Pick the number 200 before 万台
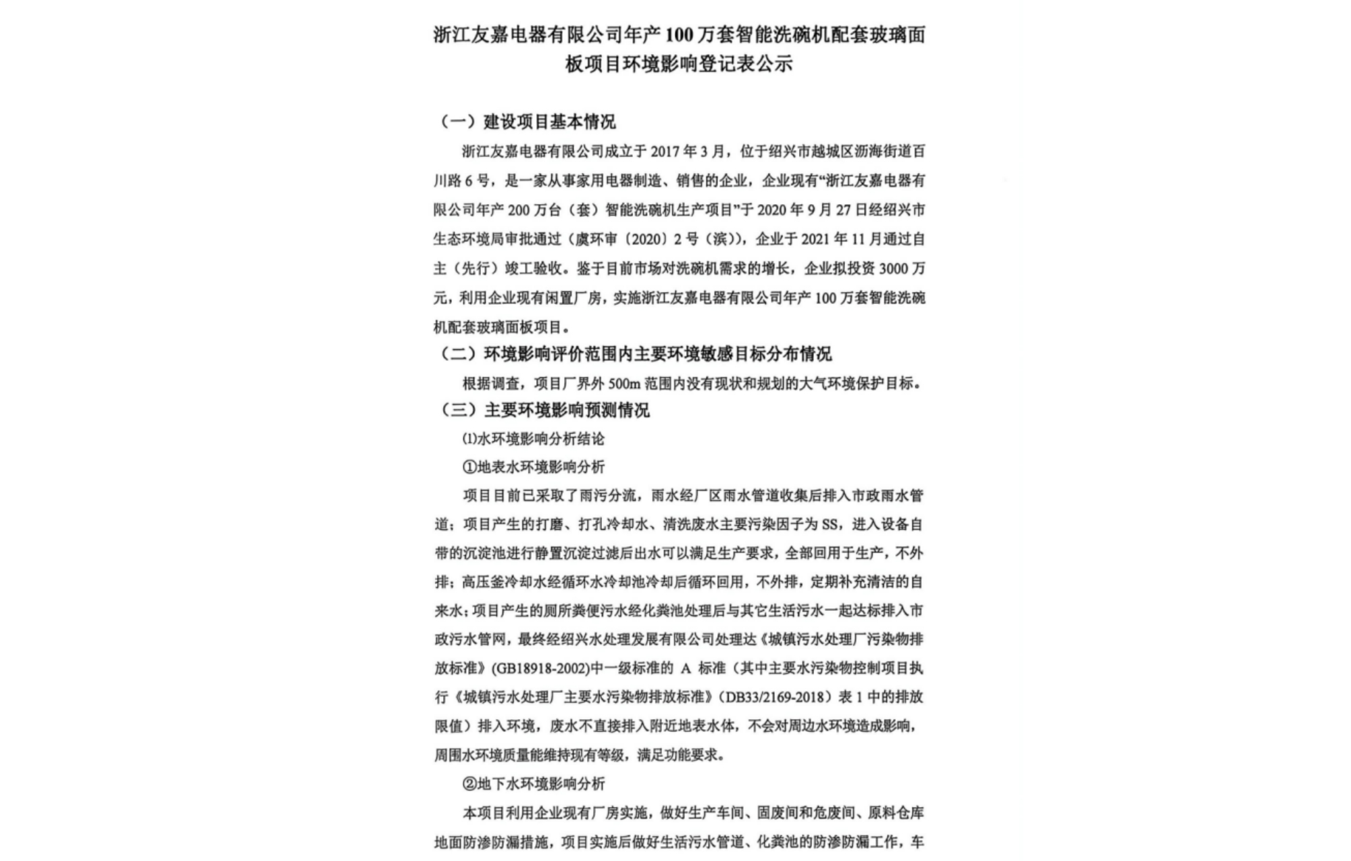pyautogui.click(x=519, y=210)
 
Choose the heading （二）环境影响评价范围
pyautogui.click(x=636, y=354)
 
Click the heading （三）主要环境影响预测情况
pyautogui.click(x=544, y=410)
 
